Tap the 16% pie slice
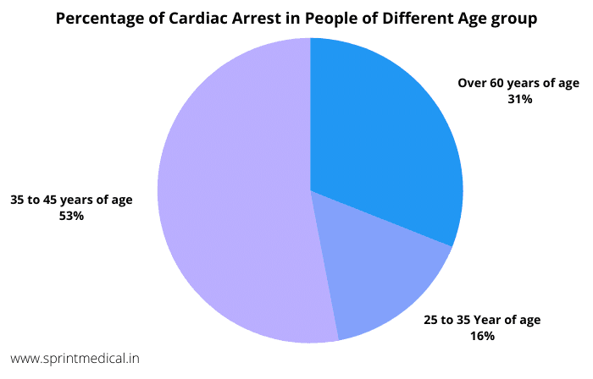pos(381,279)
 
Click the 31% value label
pos(519,99)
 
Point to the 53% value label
pos(71,216)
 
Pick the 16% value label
pos(482,336)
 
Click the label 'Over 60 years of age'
pos(519,83)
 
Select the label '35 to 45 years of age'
pos(71,200)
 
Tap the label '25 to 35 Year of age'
pos(482,320)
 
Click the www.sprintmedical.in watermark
pos(76,360)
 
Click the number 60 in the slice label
pos(496,83)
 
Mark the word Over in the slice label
pos(472,83)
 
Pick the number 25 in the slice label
pos(432,320)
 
